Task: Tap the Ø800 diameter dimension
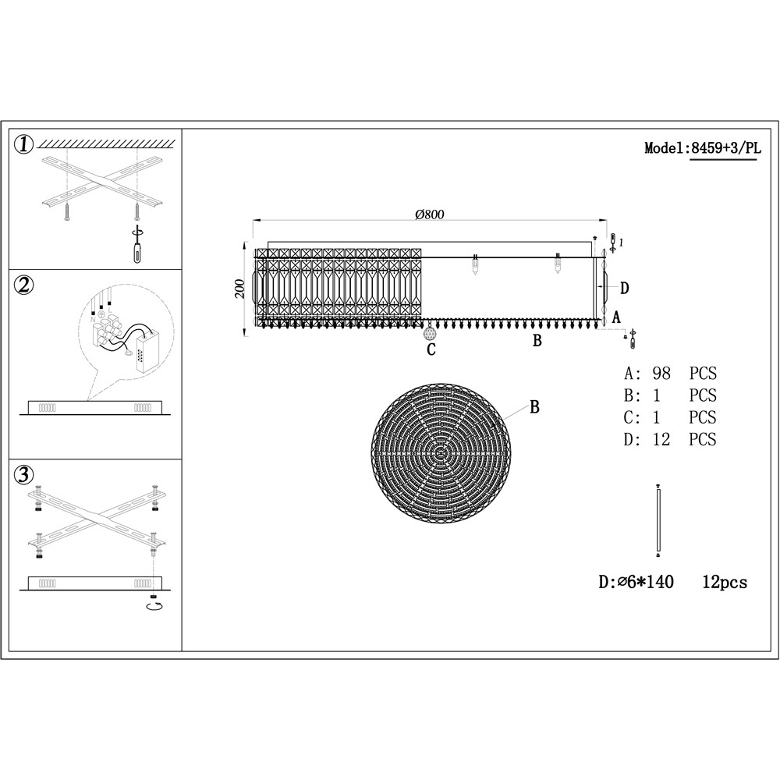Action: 430,214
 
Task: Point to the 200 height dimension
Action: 239,289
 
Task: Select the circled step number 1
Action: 25,144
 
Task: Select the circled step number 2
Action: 25,285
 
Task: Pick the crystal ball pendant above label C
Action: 429,333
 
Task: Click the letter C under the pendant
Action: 431,350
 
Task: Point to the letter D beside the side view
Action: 624,289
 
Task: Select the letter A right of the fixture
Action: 616,317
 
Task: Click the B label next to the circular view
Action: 535,406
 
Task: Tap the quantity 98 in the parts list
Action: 662,374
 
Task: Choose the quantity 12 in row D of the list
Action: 662,439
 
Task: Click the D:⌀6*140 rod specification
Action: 636,582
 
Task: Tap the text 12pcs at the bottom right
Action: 725,582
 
